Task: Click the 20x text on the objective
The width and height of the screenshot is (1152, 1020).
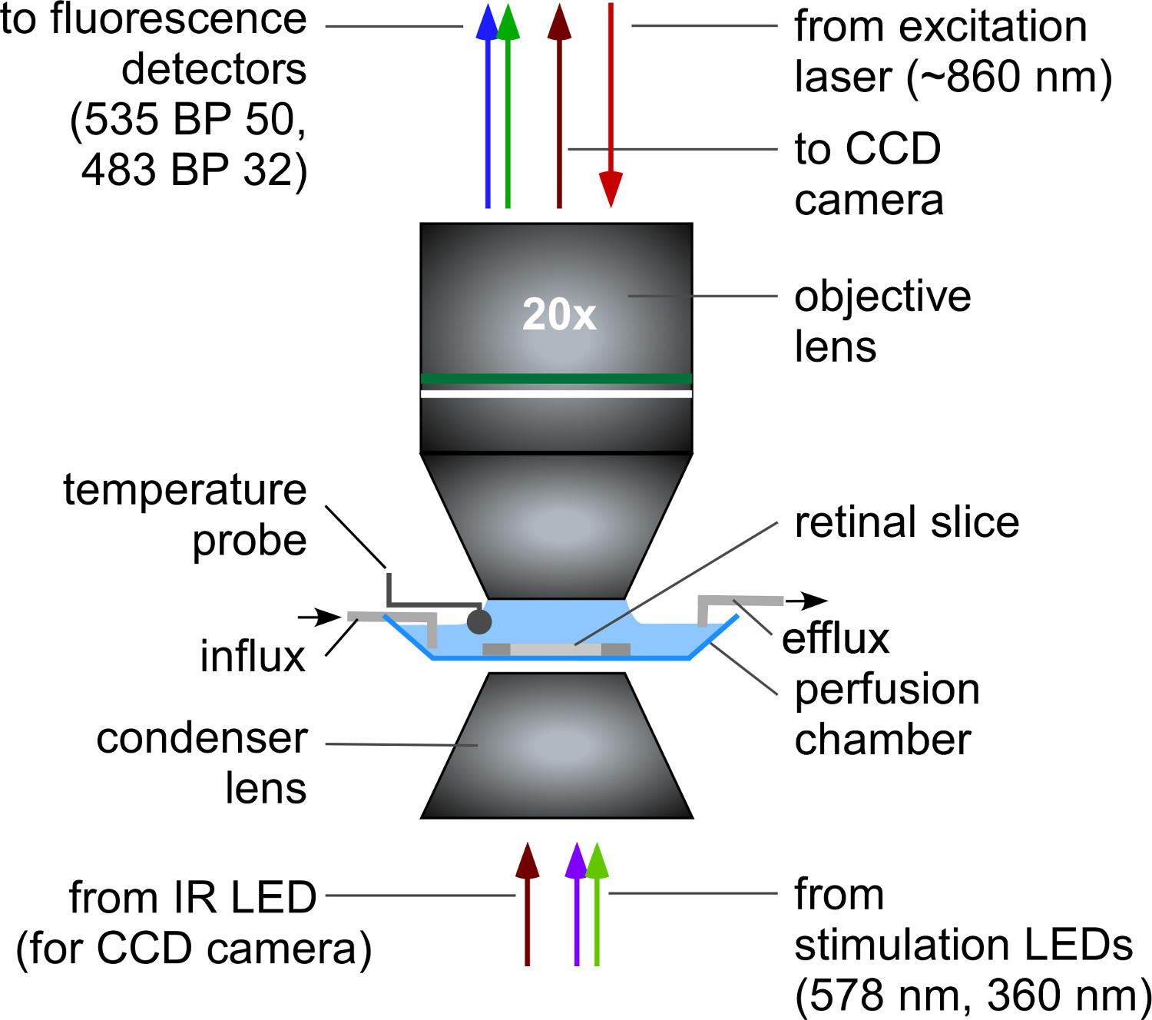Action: tap(559, 314)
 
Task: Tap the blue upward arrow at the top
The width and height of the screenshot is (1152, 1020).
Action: tap(488, 106)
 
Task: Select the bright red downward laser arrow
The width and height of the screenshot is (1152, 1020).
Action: tap(611, 106)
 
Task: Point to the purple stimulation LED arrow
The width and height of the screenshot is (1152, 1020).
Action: tap(577, 904)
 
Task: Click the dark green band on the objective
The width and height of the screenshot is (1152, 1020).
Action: tap(556, 379)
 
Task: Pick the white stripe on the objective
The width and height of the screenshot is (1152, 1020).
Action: tap(556, 394)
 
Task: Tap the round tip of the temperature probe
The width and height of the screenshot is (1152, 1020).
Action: tap(478, 622)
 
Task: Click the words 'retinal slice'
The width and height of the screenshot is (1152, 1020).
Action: tap(906, 522)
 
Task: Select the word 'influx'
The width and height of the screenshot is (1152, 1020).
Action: tap(253, 656)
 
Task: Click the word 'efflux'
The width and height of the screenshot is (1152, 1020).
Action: tap(836, 638)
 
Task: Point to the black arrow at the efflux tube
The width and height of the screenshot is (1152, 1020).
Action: tap(806, 601)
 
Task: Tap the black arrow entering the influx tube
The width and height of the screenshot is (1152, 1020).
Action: tap(319, 617)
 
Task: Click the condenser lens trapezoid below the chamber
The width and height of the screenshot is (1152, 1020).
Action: tap(557, 745)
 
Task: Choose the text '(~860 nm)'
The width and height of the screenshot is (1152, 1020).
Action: tap(1009, 76)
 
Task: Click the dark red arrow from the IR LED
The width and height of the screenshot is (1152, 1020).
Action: tap(527, 904)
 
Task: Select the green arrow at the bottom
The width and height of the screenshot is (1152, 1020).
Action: tap(597, 904)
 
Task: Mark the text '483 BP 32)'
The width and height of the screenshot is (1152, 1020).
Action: tap(194, 170)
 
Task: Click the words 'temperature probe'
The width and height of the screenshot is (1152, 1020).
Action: tap(185, 514)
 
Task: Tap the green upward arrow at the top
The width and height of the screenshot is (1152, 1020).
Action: tap(508, 106)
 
